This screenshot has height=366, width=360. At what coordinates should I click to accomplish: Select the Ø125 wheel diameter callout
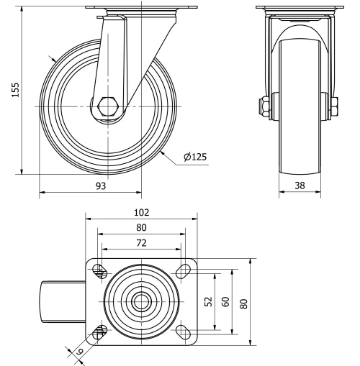tap(195, 157)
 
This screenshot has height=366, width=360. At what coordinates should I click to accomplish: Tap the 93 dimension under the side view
tap(100, 186)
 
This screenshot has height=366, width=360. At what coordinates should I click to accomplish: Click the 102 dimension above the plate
tap(141, 212)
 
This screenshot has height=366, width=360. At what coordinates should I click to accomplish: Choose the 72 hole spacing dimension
tap(141, 244)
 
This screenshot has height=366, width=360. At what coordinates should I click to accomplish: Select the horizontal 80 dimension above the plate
tap(141, 229)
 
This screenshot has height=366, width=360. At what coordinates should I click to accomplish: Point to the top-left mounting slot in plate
tap(100, 272)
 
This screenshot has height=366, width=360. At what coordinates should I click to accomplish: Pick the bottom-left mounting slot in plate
tap(100, 331)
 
